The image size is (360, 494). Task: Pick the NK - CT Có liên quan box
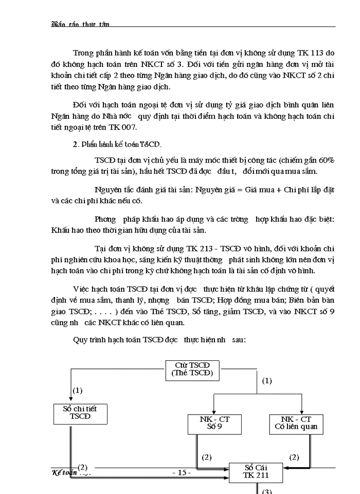click(x=296, y=423)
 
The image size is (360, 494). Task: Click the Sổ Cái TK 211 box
click(x=256, y=471)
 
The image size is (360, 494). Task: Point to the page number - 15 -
click(x=181, y=472)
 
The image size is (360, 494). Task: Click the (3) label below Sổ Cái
click(x=267, y=491)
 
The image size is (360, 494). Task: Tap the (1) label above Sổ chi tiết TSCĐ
click(x=78, y=391)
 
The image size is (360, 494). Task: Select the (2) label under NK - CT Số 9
click(x=207, y=456)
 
